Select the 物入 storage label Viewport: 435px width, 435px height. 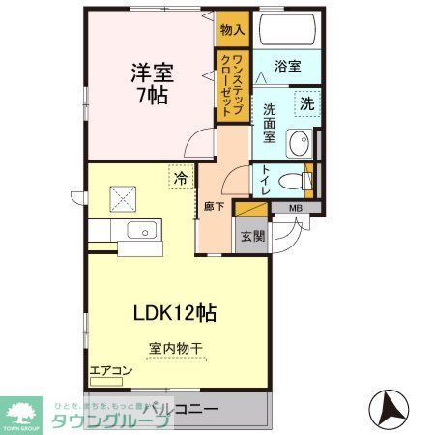pos(232,31)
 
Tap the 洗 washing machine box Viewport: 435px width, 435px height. pos(306,103)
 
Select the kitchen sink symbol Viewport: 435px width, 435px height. pos(143,230)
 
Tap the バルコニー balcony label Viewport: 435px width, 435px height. pos(183,409)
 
